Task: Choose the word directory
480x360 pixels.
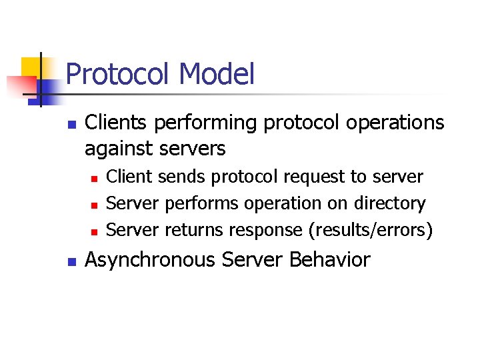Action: pos(392,203)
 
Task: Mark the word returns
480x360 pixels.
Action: pos(194,230)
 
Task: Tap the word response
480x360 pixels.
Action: pos(266,230)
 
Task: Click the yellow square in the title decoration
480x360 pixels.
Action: pos(31,67)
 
